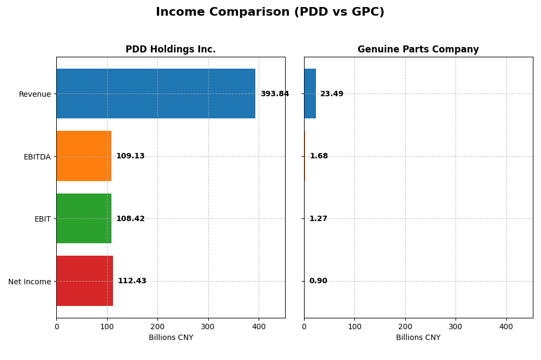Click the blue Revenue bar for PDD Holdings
pyautogui.click(x=156, y=94)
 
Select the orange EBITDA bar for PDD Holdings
pyautogui.click(x=84, y=156)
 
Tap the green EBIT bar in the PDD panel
pyautogui.click(x=84, y=218)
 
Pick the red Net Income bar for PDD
pyautogui.click(x=85, y=281)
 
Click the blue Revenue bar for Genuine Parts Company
pyautogui.click(x=310, y=94)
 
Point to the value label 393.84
pyautogui.click(x=274, y=94)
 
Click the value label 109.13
pyautogui.click(x=130, y=156)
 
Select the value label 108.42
pyautogui.click(x=130, y=219)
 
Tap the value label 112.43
pyautogui.click(x=132, y=281)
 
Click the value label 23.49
pyautogui.click(x=332, y=94)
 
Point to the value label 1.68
pyautogui.click(x=319, y=156)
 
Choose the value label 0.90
pyautogui.click(x=318, y=281)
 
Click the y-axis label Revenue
pyautogui.click(x=35, y=94)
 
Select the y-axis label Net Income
pyautogui.click(x=29, y=282)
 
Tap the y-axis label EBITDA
pyautogui.click(x=37, y=157)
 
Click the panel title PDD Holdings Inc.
pyautogui.click(x=170, y=50)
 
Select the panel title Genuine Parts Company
pyautogui.click(x=418, y=50)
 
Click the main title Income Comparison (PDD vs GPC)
pyautogui.click(x=270, y=12)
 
